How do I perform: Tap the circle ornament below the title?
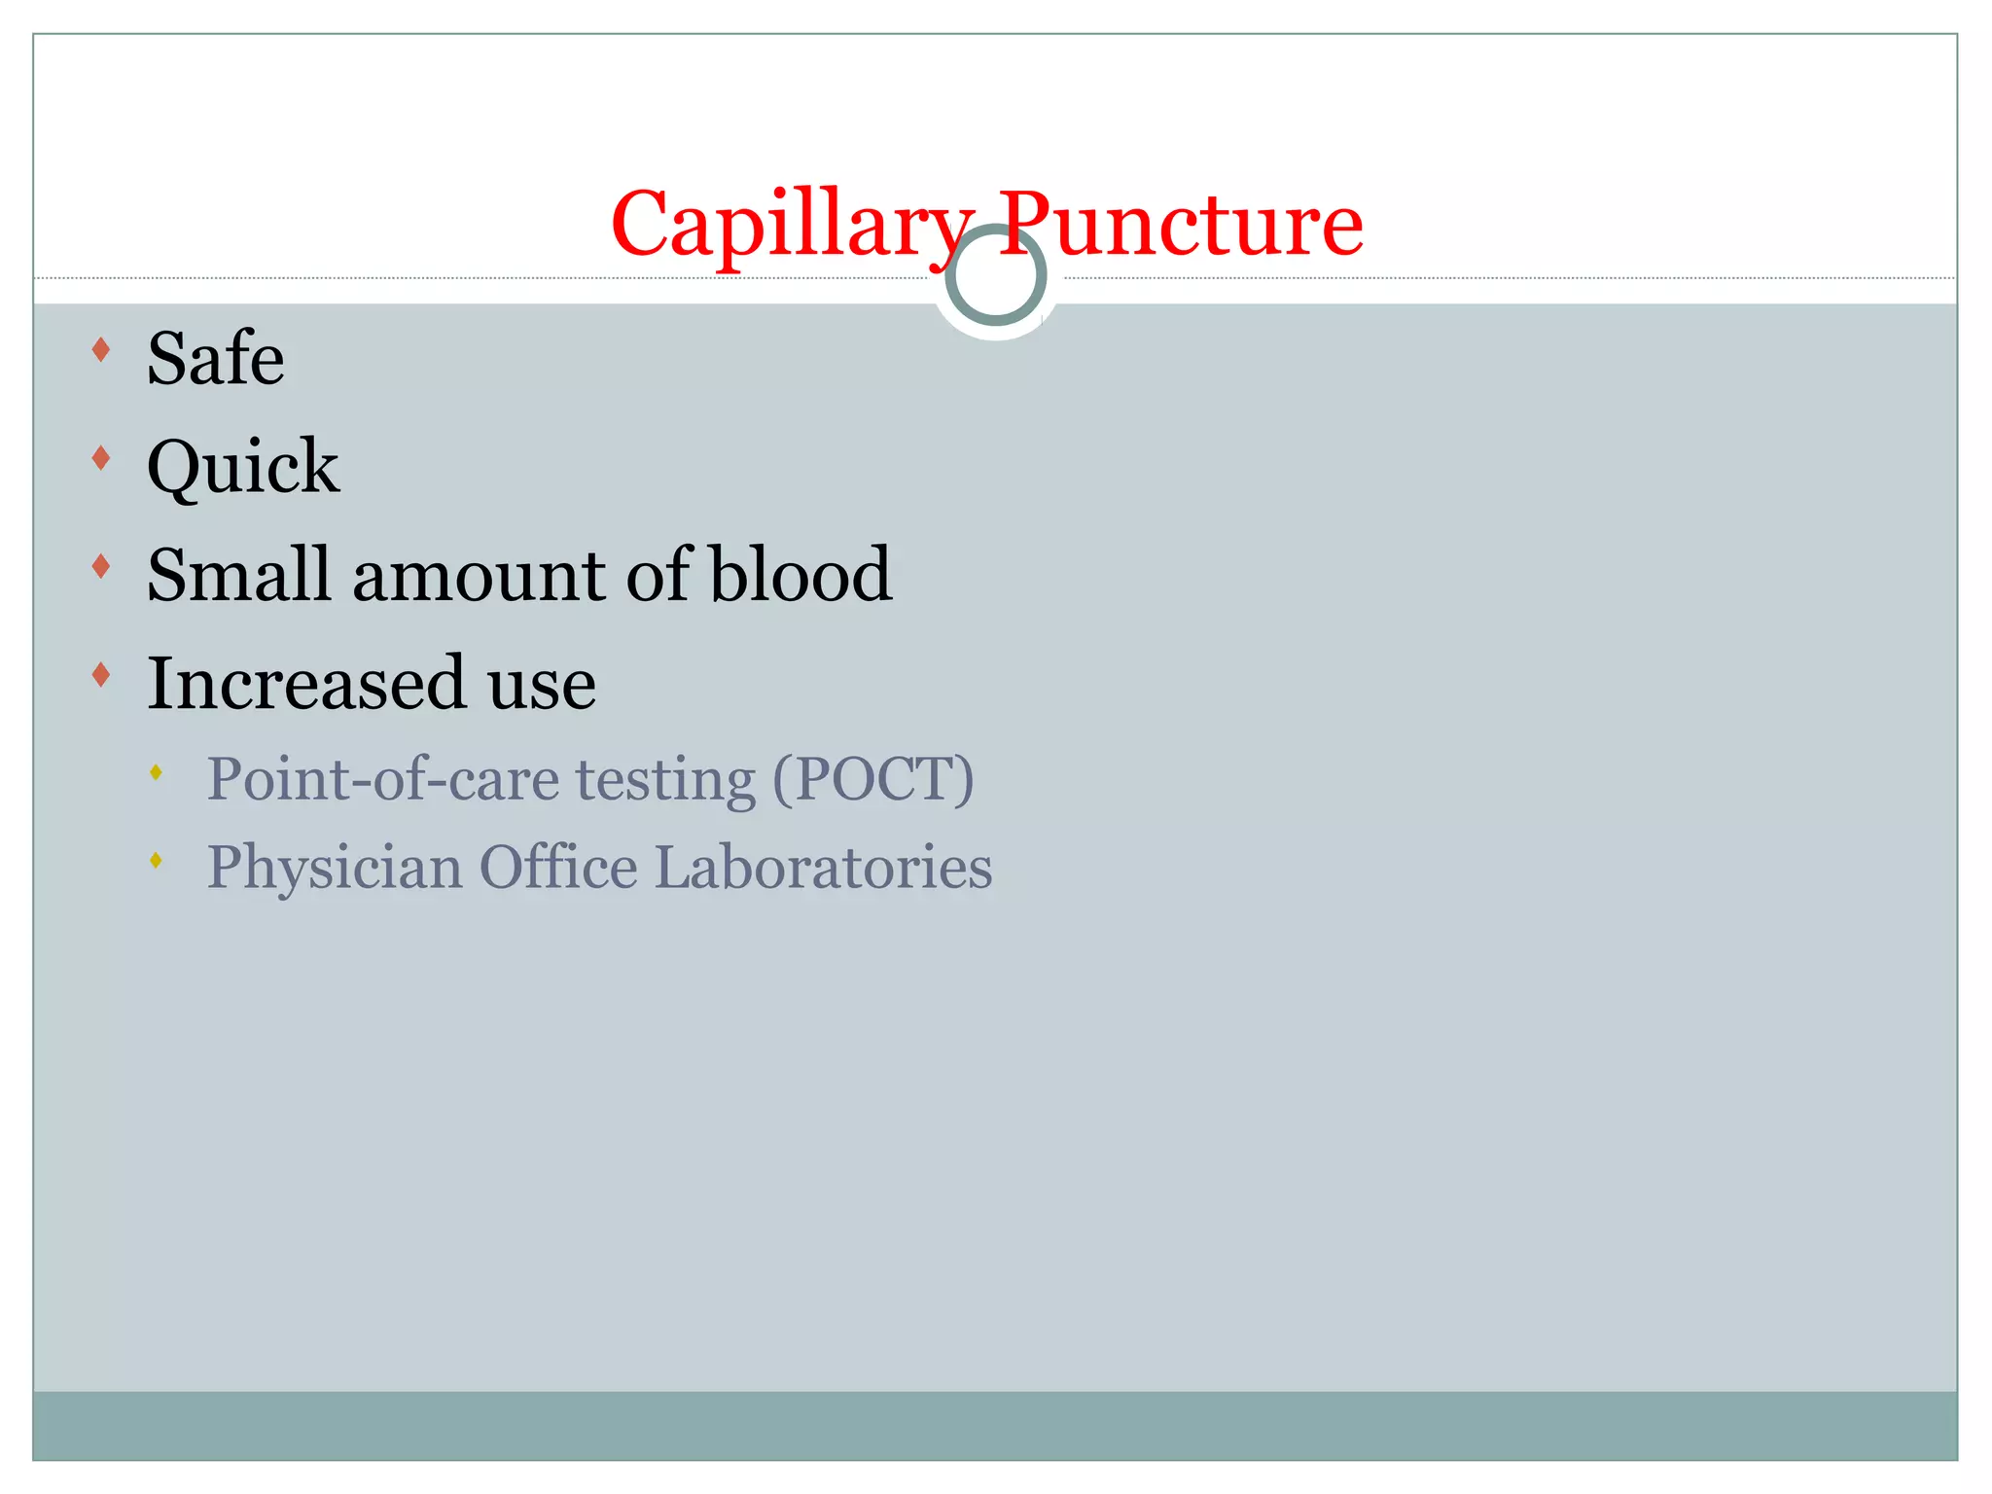[995, 275]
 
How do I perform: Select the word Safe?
[215, 358]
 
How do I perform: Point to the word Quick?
[243, 467]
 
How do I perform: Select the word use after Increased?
[542, 685]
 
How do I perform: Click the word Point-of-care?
[382, 779]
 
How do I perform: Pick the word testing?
[665, 781]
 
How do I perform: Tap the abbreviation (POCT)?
[872, 779]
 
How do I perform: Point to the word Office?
[557, 867]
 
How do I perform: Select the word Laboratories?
[823, 867]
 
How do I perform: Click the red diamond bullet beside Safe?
[100, 349]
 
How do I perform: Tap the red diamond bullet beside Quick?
[100, 458]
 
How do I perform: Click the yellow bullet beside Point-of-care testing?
[156, 772]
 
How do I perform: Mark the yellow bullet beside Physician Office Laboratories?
[156, 860]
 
